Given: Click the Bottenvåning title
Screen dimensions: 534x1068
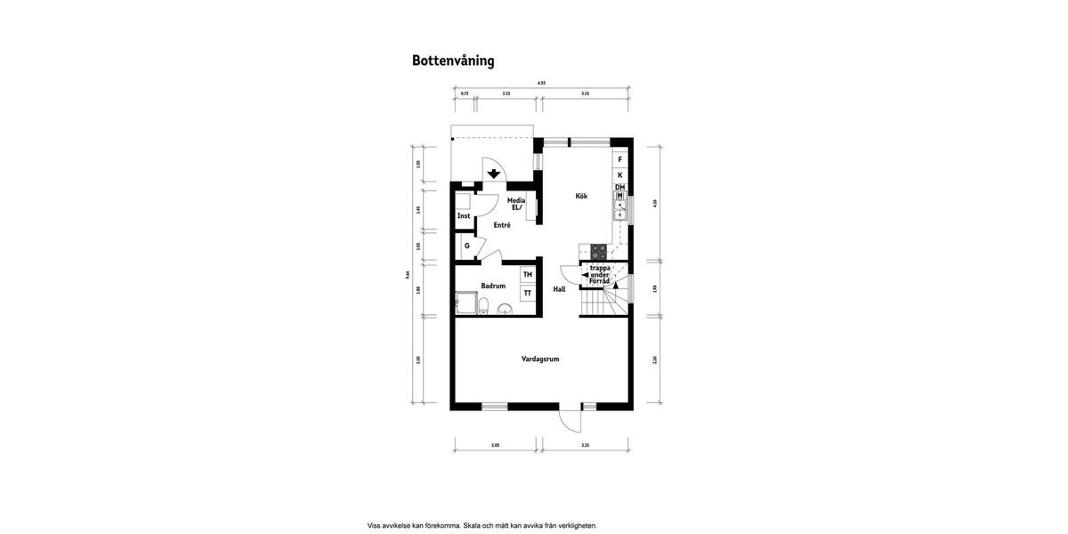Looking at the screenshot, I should tap(453, 61).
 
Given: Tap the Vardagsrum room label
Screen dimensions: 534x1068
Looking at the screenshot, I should tap(540, 359).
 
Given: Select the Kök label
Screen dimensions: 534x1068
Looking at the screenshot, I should tap(581, 196).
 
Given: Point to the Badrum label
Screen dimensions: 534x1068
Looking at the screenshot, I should tap(493, 286).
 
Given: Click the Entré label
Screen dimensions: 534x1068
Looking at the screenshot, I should tap(502, 225).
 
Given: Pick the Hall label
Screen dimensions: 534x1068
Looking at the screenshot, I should tap(559, 289).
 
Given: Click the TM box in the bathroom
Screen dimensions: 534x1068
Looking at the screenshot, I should tap(528, 275).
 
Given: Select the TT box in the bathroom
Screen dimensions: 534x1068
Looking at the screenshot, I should tap(528, 293).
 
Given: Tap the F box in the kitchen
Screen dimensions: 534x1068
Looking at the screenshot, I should tap(619, 159).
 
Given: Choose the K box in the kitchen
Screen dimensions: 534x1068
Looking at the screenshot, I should tap(619, 175).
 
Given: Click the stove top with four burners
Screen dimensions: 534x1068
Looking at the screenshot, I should tap(598, 252).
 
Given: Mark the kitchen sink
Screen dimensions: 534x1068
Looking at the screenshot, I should tap(620, 210).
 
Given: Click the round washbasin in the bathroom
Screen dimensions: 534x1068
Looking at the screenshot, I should tap(505, 309).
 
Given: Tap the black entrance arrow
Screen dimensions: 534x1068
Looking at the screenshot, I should tap(494, 174).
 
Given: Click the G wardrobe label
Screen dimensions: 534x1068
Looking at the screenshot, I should tap(466, 246).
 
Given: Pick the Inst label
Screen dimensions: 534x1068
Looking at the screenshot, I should tap(464, 216).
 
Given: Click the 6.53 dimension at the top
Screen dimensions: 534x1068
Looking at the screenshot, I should tap(541, 83).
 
